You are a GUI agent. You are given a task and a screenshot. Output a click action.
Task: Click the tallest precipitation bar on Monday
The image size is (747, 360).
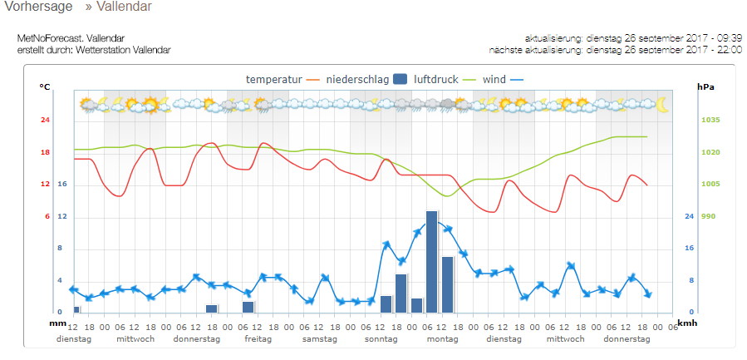(x=431, y=262)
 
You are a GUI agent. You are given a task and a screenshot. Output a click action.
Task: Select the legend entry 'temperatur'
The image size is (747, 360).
(x=273, y=79)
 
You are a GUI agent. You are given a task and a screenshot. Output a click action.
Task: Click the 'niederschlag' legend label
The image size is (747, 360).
(x=356, y=79)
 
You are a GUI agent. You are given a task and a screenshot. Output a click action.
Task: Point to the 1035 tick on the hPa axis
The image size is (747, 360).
(x=710, y=121)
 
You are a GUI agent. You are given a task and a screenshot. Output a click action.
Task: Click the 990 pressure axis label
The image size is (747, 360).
(x=707, y=216)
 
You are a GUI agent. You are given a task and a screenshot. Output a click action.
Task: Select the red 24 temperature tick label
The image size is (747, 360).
(x=46, y=121)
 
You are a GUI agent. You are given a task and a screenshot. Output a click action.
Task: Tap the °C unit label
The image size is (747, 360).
(x=45, y=86)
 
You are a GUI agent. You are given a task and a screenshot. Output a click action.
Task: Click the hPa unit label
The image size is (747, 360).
(x=705, y=86)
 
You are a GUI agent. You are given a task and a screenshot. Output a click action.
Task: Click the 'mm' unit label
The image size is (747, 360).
(x=57, y=323)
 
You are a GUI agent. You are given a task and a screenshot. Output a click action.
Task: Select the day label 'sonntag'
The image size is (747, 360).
(x=381, y=339)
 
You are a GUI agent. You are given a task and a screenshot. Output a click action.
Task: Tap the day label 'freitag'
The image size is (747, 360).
(x=258, y=339)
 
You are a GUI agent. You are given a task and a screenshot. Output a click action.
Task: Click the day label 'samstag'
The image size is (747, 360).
(x=319, y=339)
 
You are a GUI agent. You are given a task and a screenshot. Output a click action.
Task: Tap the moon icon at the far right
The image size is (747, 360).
(x=661, y=105)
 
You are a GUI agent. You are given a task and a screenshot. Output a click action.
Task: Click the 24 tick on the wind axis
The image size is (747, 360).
(x=689, y=216)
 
